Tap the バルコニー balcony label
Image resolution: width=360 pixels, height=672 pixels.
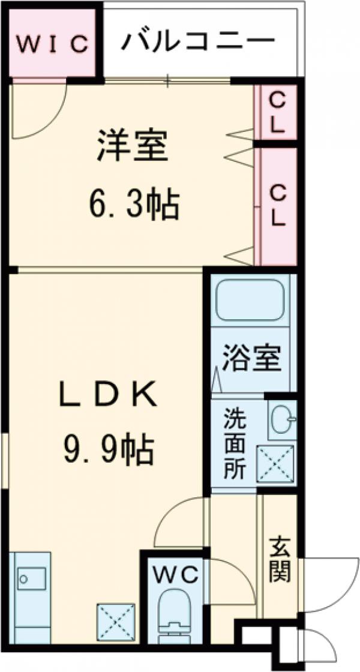[x=198, y=42]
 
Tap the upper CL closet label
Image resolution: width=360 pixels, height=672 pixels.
[x=277, y=112]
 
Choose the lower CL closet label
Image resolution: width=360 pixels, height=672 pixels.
[x=277, y=205]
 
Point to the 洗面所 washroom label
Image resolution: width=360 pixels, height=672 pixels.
[x=233, y=443]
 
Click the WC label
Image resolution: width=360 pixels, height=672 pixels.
[x=175, y=575]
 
